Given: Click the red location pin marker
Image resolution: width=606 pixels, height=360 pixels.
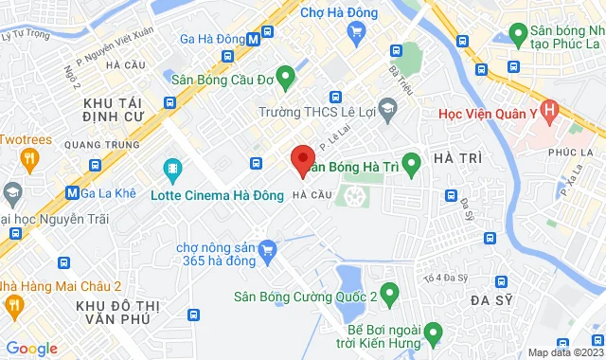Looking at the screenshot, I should point(302,160).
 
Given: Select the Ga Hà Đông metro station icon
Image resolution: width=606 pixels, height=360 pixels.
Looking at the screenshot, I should point(254,39).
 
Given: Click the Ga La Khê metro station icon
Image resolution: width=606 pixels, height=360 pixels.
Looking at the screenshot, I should point(72,192).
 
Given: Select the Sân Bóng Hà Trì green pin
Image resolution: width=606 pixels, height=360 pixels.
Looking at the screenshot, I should point(411,165).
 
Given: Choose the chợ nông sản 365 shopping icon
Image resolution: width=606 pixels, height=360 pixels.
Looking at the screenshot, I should point(267,250).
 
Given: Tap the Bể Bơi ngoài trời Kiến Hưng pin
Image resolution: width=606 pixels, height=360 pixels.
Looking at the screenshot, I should point(432,332).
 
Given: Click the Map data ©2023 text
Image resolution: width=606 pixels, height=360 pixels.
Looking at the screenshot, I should point(564,352).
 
